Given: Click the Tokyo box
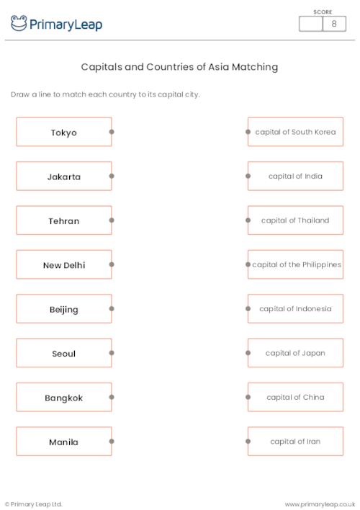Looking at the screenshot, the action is pyautogui.click(x=63, y=133).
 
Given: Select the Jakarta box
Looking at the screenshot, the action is pyautogui.click(x=63, y=176).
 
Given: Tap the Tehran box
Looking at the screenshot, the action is pyautogui.click(x=63, y=221).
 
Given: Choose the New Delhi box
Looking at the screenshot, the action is pyautogui.click(x=63, y=265).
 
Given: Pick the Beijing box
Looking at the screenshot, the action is pyautogui.click(x=63, y=310).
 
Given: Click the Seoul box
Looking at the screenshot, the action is pyautogui.click(x=63, y=354).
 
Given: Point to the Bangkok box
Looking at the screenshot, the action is pyautogui.click(x=63, y=398).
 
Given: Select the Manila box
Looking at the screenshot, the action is pyautogui.click(x=63, y=442).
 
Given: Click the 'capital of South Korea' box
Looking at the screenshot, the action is pyautogui.click(x=295, y=132).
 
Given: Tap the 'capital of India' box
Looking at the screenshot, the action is pyautogui.click(x=295, y=176).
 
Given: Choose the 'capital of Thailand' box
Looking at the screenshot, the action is pyautogui.click(x=295, y=220).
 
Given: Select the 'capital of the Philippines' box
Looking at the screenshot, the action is pyautogui.click(x=296, y=264).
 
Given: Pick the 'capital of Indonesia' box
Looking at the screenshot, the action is pyautogui.click(x=295, y=309).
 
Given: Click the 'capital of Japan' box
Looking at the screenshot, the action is pyautogui.click(x=295, y=353).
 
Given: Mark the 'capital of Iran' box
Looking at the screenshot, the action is pyautogui.click(x=295, y=442).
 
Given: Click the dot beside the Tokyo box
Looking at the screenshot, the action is pyautogui.click(x=112, y=132).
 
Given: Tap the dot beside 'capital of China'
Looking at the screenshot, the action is pyautogui.click(x=248, y=397).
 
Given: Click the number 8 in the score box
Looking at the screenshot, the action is pyautogui.click(x=333, y=24).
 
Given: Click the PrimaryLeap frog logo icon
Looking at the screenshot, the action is pyautogui.click(x=19, y=24).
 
